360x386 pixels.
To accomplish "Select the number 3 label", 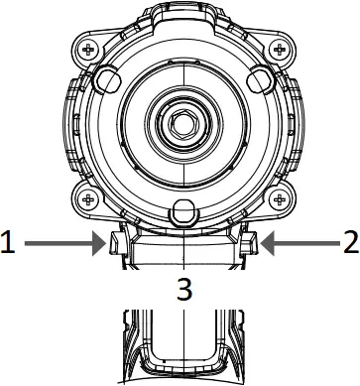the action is [x=181, y=290].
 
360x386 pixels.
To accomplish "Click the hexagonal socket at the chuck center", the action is [x=181, y=123].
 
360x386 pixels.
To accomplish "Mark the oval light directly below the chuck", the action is [x=181, y=210].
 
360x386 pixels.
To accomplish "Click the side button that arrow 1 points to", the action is [x=112, y=243].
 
